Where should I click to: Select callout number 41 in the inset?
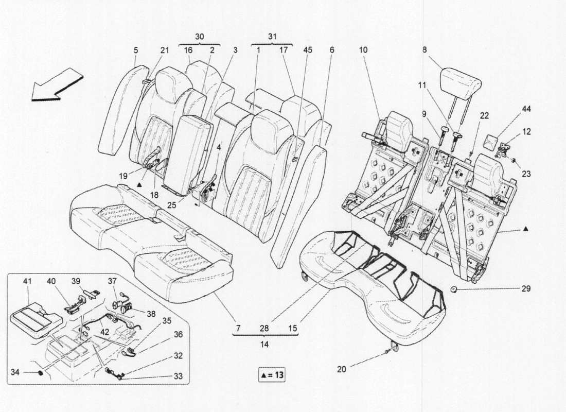click(27, 281)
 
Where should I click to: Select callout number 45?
click(308, 50)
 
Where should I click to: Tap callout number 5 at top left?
click(136, 50)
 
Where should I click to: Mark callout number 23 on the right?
click(526, 174)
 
